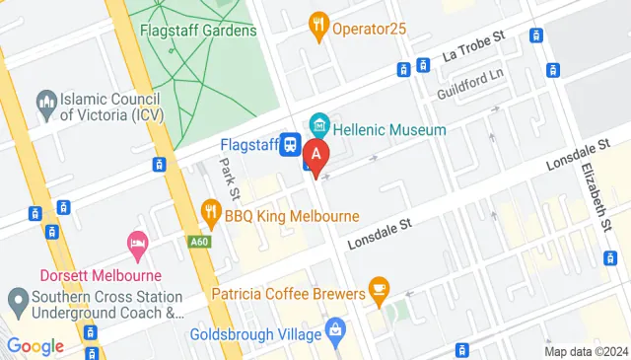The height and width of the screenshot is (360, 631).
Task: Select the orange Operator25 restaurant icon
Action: tap(318, 27)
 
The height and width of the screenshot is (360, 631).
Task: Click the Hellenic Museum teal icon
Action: tap(318, 125)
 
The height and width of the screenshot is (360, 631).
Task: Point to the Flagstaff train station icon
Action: tap(291, 145)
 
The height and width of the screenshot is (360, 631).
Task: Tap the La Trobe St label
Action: tap(473, 41)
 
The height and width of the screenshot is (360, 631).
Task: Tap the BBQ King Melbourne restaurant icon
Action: tap(210, 211)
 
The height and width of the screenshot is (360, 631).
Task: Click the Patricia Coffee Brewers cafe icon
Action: tap(379, 290)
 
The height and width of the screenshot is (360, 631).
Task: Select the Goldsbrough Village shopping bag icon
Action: tap(334, 327)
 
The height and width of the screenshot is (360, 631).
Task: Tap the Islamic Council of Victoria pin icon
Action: tap(45, 101)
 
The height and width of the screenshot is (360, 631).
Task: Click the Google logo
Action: tap(35, 346)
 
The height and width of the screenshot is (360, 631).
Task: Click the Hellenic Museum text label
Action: tap(390, 129)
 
